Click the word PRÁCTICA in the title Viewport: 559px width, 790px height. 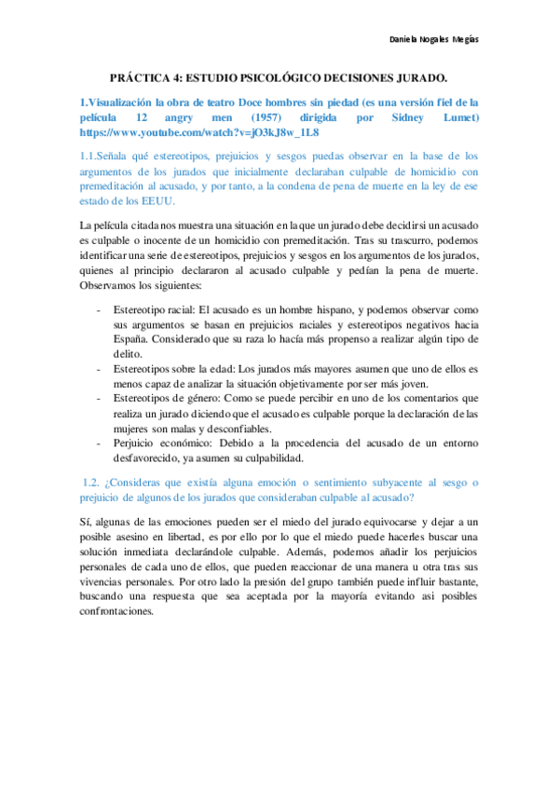click(143, 81)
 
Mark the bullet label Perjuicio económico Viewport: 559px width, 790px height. click(161, 443)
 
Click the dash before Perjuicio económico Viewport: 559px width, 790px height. click(100, 443)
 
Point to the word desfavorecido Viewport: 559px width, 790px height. click(149, 457)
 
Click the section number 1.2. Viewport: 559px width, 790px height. click(89, 482)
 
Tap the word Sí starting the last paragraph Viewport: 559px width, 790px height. click(87, 522)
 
